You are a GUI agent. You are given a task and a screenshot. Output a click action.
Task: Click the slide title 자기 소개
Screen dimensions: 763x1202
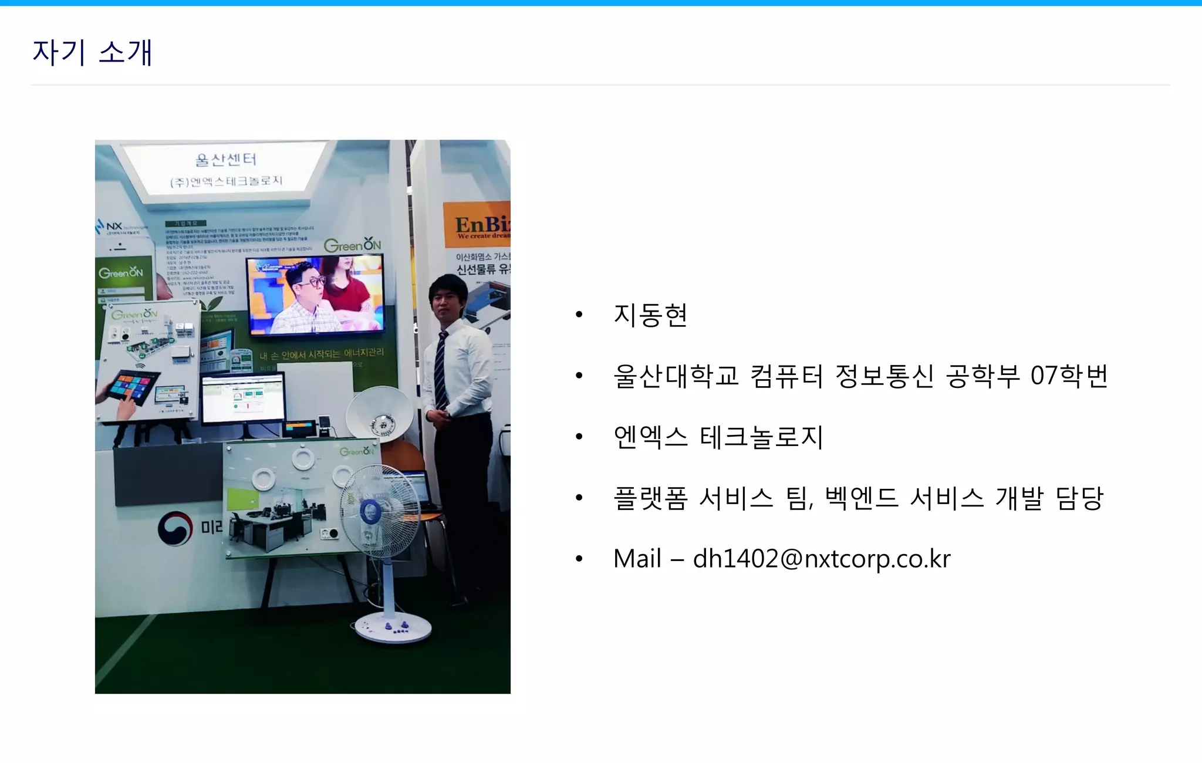(x=92, y=53)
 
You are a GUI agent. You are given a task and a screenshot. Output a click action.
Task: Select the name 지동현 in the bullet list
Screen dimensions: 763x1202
(x=650, y=315)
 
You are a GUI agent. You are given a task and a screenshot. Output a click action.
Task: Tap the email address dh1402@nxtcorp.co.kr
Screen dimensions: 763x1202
(x=821, y=559)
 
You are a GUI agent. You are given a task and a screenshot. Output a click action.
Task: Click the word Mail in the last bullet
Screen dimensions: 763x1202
(x=637, y=559)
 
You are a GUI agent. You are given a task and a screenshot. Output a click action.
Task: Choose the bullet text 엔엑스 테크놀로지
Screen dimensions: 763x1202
(x=718, y=437)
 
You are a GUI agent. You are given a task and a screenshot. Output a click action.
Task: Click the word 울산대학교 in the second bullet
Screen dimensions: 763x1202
(x=676, y=376)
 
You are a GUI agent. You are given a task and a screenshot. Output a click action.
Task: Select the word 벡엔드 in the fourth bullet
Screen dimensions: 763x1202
(x=861, y=498)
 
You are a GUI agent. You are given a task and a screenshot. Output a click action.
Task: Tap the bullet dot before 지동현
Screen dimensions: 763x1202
(x=579, y=315)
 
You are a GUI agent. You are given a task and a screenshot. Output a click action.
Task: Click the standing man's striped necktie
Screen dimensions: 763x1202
(x=441, y=370)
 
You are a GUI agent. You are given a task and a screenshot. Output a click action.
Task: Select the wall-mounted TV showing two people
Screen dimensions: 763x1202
(x=315, y=295)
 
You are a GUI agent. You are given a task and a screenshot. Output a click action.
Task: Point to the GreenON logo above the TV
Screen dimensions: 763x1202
(x=352, y=245)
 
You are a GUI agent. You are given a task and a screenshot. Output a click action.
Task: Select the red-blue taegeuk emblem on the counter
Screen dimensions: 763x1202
(x=175, y=528)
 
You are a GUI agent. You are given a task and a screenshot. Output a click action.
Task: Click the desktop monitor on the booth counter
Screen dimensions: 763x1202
(x=243, y=399)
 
